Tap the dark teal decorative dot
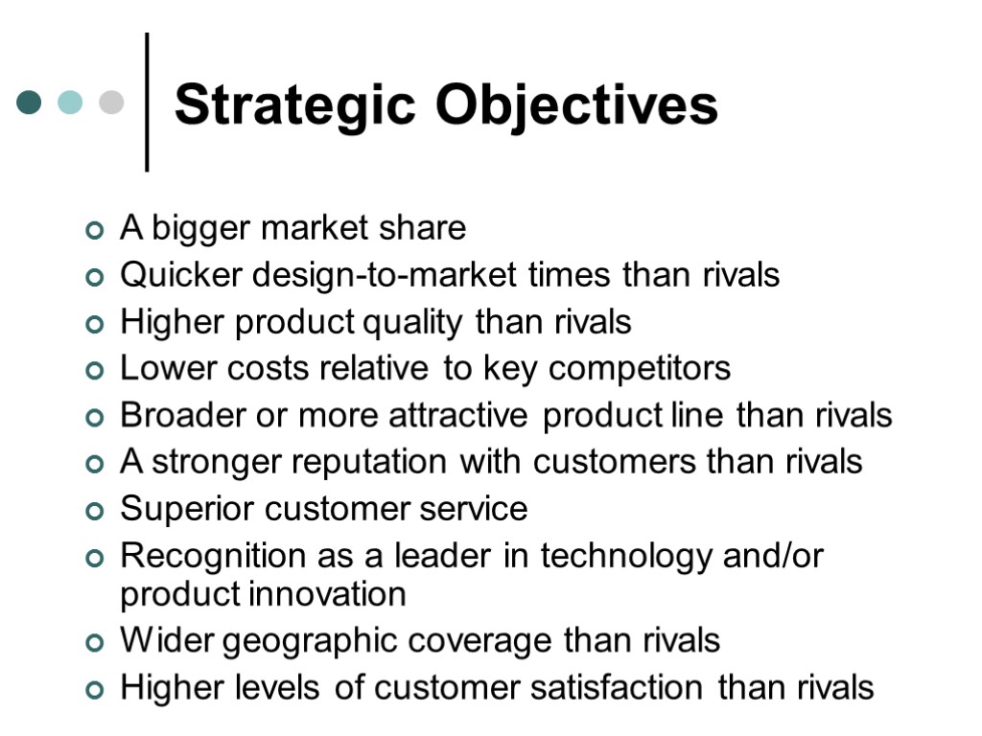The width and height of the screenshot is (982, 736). pos(29,102)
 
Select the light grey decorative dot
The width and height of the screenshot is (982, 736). pos(111,102)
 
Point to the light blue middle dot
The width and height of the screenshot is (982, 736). pos(70,102)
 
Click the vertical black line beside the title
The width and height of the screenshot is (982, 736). pos(147,102)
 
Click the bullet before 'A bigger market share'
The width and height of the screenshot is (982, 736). pos(94,231)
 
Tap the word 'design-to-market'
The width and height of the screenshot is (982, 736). pos(386,276)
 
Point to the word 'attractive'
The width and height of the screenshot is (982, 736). pos(458,415)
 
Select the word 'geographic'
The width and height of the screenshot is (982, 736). pos(299,640)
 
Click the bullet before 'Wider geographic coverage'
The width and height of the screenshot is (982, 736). pos(94,642)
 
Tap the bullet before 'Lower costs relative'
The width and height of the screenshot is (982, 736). pos(94,371)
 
